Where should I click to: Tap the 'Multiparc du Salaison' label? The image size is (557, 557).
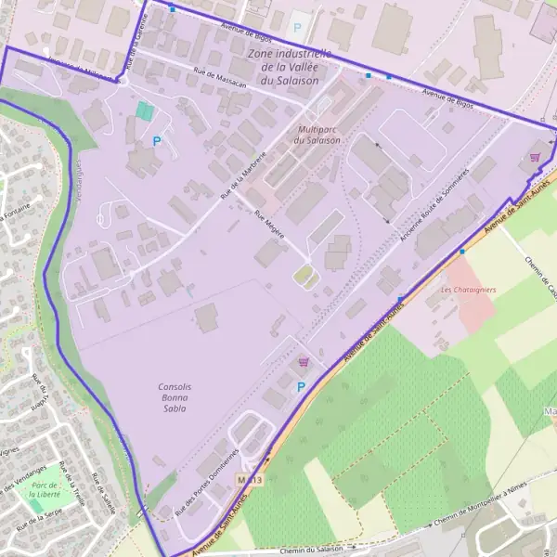point(317,135)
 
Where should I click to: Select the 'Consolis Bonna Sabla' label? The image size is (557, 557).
point(174,396)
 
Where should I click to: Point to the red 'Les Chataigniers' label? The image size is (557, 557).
point(468,290)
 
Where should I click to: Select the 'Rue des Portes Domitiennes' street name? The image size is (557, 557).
point(206,483)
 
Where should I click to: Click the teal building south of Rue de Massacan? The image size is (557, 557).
point(144,110)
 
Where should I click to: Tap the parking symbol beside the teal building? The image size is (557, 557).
point(157,141)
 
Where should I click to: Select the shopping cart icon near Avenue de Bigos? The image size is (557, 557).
point(535,157)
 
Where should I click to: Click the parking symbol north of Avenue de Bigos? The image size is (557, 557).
point(297,28)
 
